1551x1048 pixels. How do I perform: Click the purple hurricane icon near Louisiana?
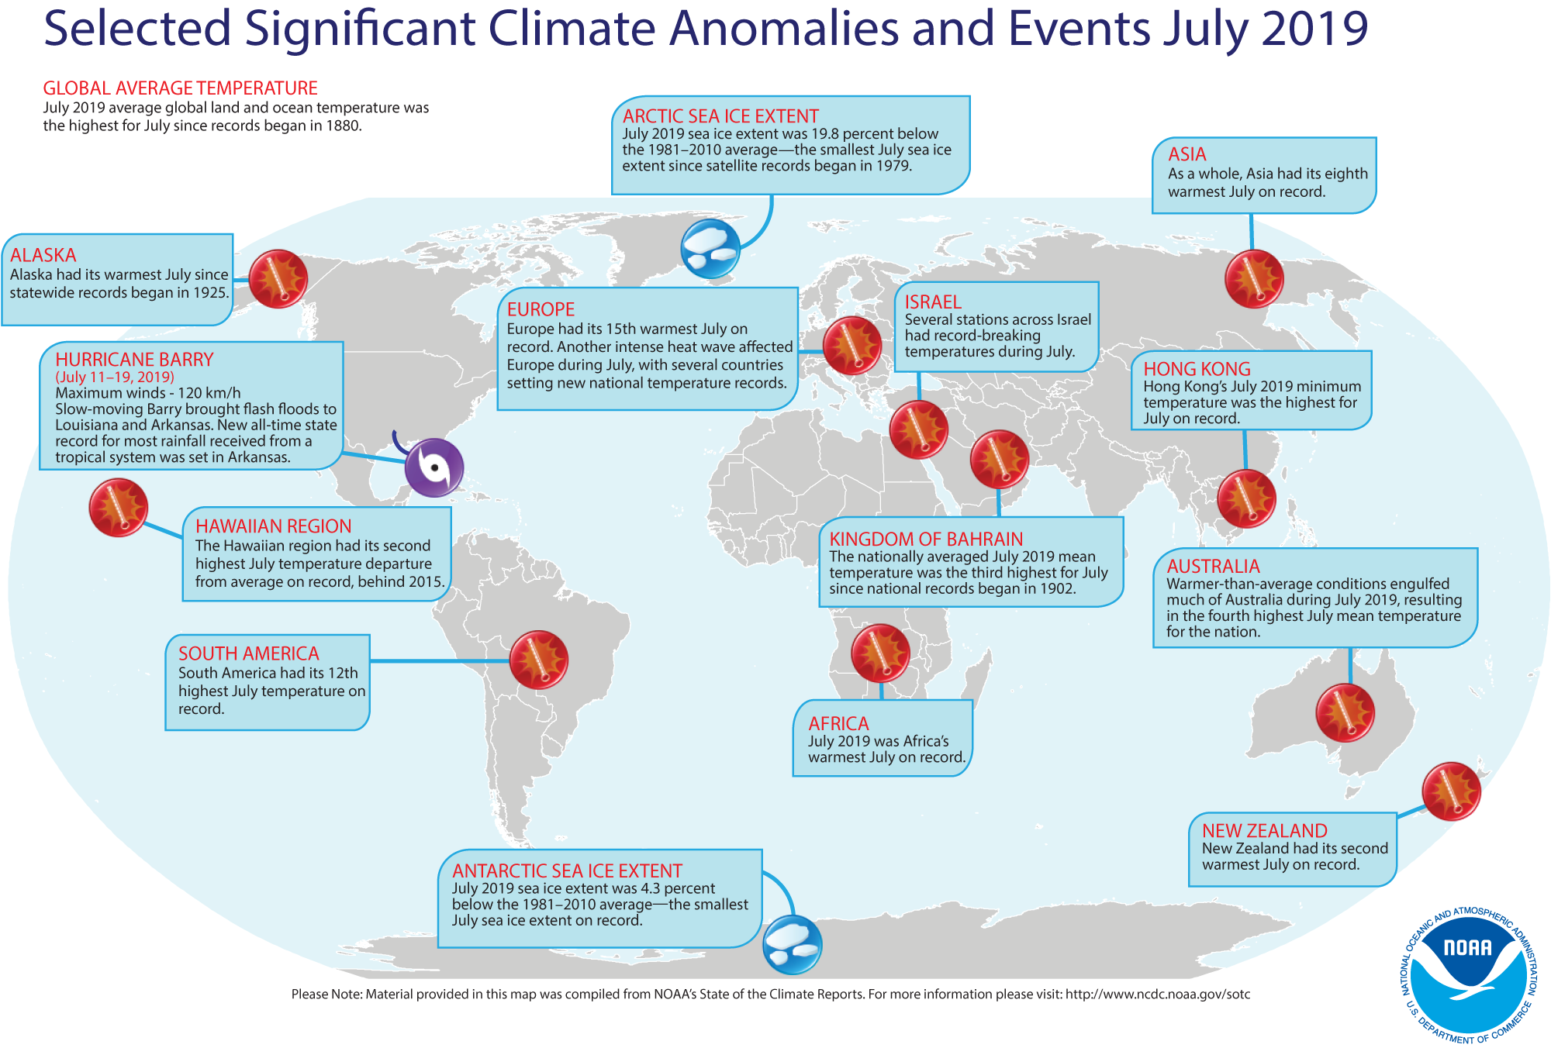click(434, 467)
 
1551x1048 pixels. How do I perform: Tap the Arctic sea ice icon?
click(710, 249)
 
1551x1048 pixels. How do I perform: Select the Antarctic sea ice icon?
click(792, 944)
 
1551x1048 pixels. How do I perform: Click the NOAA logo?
click(1467, 977)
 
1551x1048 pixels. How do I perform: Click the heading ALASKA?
click(43, 255)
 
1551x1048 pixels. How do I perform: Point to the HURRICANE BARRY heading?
click(134, 360)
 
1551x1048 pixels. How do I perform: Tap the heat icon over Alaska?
click(278, 279)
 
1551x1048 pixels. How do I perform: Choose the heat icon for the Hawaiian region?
click(119, 507)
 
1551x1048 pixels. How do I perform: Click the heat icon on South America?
click(538, 660)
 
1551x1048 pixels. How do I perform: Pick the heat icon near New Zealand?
click(1451, 791)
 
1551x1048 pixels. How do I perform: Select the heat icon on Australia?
click(1345, 712)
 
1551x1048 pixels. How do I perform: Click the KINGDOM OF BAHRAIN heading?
click(926, 539)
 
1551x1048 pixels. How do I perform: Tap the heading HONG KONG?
click(1197, 369)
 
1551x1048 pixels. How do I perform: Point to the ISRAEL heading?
click(933, 302)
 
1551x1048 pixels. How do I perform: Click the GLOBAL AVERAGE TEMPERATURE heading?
click(180, 88)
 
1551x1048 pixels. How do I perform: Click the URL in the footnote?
click(1157, 994)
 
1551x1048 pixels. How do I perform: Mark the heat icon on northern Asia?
click(1254, 279)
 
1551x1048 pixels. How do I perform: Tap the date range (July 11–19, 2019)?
click(115, 377)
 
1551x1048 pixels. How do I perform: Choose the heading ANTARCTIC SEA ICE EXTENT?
click(567, 870)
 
